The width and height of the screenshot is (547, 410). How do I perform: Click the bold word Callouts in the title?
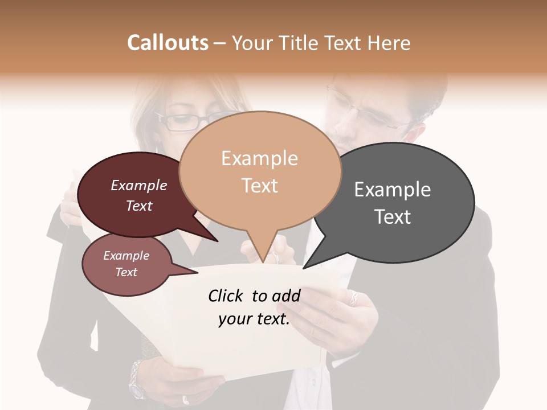[168, 43]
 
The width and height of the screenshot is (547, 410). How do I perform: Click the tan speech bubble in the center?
[260, 171]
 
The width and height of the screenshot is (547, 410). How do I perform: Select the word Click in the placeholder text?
[226, 296]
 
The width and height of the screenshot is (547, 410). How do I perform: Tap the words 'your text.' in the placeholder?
[254, 319]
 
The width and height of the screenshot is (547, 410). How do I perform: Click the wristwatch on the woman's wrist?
[137, 378]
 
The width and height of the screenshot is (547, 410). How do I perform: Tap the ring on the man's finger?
[353, 297]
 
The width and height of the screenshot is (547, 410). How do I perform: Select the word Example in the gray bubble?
[393, 190]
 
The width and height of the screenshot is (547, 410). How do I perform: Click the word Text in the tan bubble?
[260, 186]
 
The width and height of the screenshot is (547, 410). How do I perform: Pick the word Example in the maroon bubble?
[139, 185]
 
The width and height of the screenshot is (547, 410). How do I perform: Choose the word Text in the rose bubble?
[126, 272]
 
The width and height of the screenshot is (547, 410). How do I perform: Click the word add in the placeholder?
[286, 296]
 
